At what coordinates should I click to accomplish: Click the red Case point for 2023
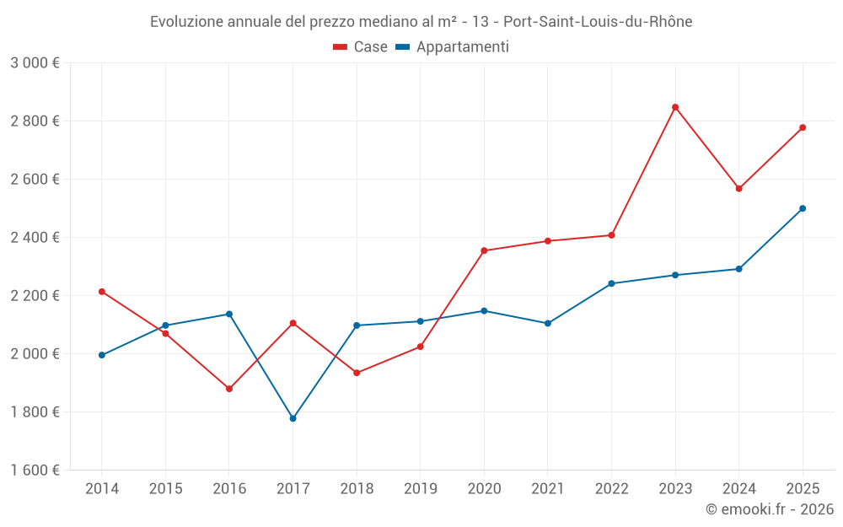point(675,107)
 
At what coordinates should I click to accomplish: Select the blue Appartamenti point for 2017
point(293,418)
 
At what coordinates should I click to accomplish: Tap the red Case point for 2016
point(229,389)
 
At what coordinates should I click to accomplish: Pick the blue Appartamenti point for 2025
point(803,208)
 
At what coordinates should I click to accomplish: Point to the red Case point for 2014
point(102,292)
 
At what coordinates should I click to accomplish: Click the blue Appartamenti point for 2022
point(611,283)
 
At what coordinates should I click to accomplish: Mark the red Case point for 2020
point(484,250)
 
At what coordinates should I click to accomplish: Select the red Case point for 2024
point(738,189)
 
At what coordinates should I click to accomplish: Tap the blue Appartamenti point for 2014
point(102,355)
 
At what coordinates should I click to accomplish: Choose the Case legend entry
point(361,47)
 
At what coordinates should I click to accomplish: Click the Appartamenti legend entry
point(453,47)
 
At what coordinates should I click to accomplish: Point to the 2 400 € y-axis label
point(35,238)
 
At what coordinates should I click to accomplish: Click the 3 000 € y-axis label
point(35,63)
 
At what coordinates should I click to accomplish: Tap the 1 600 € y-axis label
point(35,471)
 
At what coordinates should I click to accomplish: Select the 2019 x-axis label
point(420,489)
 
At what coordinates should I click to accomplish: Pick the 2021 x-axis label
point(548,489)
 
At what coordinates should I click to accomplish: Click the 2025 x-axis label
point(803,489)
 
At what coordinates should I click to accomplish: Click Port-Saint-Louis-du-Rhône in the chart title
point(598,22)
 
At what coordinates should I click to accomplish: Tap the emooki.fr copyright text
point(770,509)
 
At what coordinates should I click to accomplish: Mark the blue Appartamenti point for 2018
point(357,325)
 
